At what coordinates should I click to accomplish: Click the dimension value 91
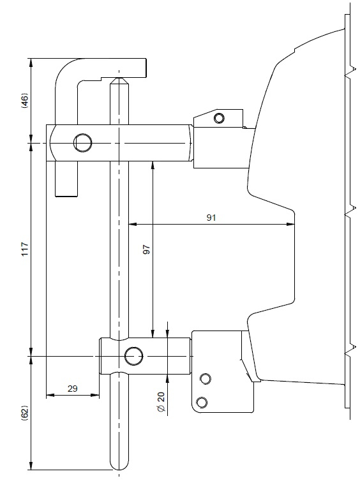pos(211,218)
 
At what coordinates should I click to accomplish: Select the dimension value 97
pos(147,249)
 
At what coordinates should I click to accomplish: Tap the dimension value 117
pos(25,249)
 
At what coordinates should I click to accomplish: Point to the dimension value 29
pos(72,389)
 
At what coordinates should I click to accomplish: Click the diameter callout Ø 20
pos(161,402)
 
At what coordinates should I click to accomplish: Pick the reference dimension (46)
pos(25,100)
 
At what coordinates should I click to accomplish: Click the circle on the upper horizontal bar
pos(83,143)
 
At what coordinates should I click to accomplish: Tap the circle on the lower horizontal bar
pos(134,356)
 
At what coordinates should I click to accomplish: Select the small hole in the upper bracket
pos(219,118)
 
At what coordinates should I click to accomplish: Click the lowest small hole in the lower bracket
pos(202,403)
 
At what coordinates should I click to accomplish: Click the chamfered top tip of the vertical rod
pos(119,80)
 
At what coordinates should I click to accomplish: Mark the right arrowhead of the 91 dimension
pos(291,224)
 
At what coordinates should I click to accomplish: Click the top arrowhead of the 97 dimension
pos(153,165)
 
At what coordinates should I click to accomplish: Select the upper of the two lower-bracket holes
pos(206,378)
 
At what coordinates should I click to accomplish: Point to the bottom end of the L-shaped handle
pos(66,196)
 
